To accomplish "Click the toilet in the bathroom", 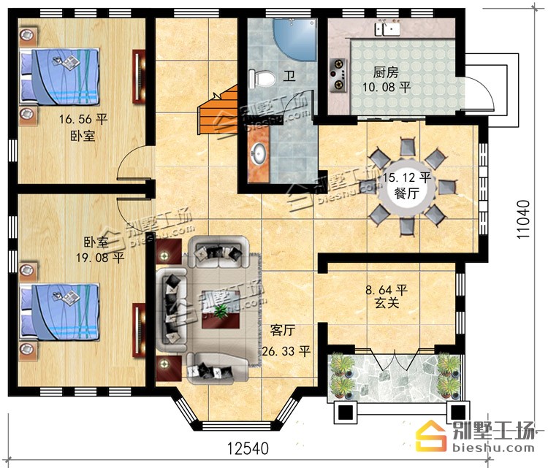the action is click(261, 78).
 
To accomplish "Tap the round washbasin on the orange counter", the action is click(259, 153).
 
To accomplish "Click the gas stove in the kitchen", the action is click(338, 74).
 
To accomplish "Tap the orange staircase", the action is click(218, 110).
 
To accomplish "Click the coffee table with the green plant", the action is click(221, 310).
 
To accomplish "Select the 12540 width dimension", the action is click(248, 448).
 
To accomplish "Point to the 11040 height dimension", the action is click(523, 219).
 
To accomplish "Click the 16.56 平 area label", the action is click(83, 120).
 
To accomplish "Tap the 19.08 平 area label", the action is click(100, 258).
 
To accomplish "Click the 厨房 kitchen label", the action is click(386, 72).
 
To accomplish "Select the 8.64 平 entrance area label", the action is click(387, 290).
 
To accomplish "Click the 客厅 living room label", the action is click(282, 330).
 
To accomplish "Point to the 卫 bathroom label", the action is click(289, 76).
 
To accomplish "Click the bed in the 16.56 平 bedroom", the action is click(59, 77).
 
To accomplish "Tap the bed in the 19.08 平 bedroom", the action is click(59, 312).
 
